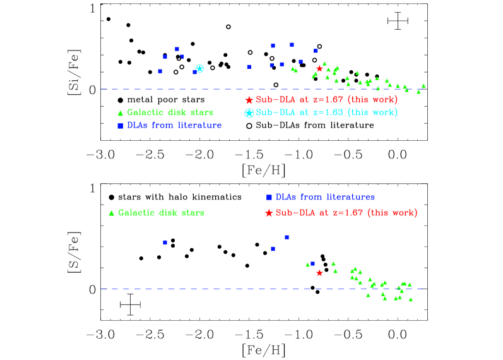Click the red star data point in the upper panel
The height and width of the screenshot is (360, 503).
(319, 68)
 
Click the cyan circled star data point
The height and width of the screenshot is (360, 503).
(199, 68)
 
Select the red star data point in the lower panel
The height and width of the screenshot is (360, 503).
(319, 273)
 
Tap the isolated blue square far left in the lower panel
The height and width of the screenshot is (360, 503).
(165, 243)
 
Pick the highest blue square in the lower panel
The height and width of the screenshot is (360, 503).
(287, 237)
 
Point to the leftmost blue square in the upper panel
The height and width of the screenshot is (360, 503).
(160, 71)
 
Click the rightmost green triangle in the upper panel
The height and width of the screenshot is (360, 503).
(423, 86)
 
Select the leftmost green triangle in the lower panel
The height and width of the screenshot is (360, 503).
(307, 265)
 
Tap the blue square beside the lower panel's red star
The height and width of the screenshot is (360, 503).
(312, 263)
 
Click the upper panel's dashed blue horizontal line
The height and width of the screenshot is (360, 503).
(189, 89)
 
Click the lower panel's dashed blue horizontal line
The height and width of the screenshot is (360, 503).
(189, 289)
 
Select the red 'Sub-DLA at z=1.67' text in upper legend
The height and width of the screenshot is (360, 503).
(326, 100)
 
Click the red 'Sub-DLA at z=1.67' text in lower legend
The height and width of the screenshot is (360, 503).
(346, 213)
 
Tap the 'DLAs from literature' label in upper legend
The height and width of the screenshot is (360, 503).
(174, 125)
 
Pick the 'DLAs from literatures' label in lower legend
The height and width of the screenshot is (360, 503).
(325, 197)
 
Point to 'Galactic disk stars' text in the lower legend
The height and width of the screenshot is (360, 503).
(161, 213)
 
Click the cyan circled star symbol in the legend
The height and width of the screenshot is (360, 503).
(249, 113)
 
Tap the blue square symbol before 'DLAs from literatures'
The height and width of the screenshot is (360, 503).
(269, 197)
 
